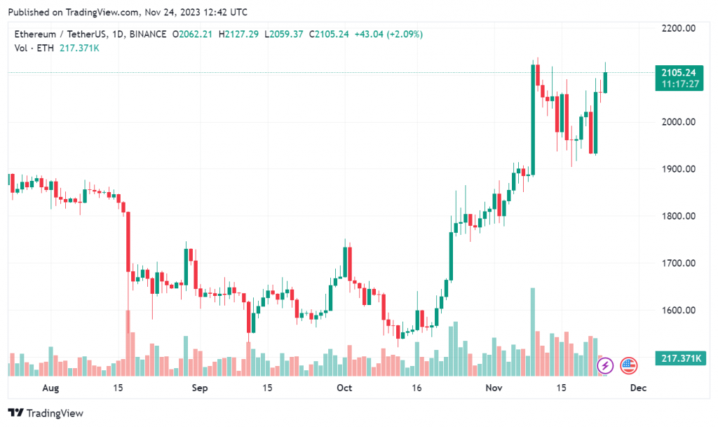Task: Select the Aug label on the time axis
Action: click(x=50, y=387)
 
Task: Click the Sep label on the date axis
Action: click(x=201, y=387)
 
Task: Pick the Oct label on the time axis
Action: click(x=344, y=387)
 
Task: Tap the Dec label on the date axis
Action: click(x=637, y=387)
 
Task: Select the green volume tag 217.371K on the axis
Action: click(x=679, y=359)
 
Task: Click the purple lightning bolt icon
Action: click(x=604, y=365)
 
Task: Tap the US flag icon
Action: click(x=627, y=365)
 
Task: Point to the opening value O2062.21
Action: click(x=194, y=34)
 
